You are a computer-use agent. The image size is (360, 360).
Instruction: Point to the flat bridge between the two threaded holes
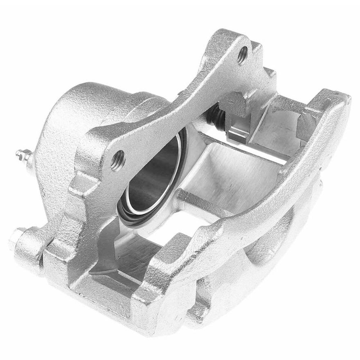180,102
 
